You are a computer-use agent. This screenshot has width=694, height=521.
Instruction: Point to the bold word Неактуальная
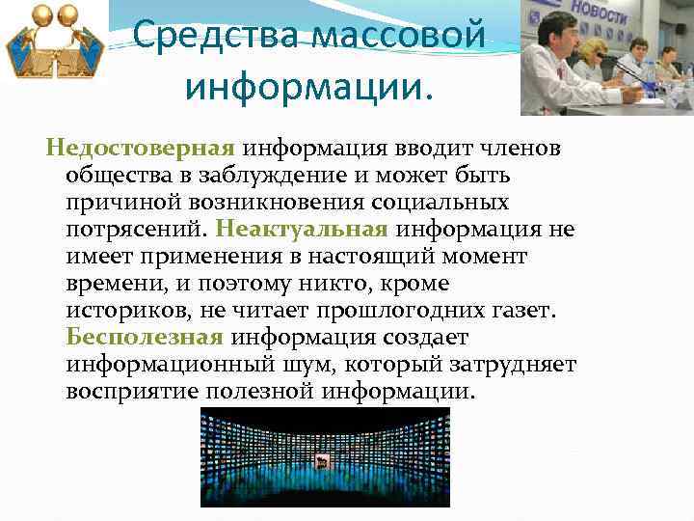pyautogui.click(x=303, y=231)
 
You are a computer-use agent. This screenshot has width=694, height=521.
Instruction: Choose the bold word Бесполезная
pyautogui.click(x=145, y=339)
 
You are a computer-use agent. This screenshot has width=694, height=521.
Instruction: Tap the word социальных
pyautogui.click(x=446, y=204)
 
